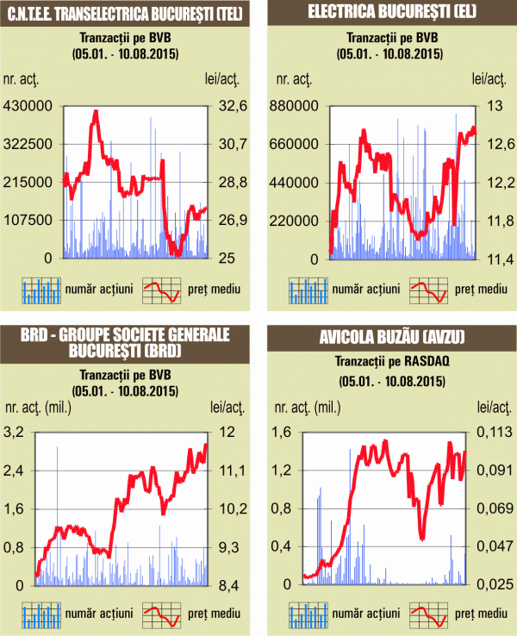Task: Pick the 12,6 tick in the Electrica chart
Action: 492,144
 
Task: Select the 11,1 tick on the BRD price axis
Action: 227,471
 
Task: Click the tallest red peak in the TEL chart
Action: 95,111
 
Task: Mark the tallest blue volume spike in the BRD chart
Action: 58,447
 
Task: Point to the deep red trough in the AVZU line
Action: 422,538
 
